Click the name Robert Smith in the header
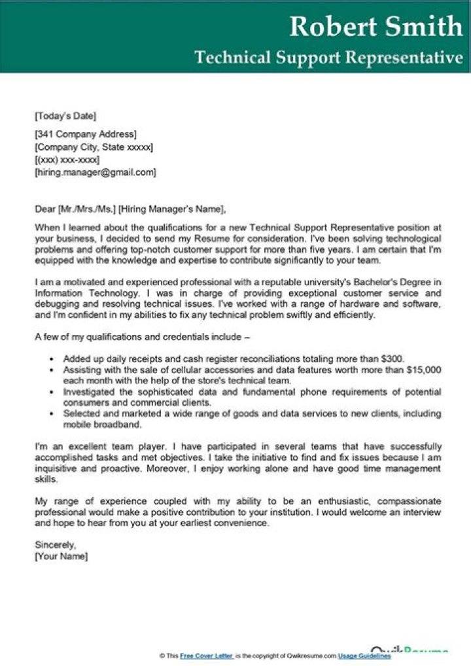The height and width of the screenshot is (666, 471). [375, 26]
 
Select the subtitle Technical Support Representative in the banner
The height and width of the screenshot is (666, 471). [328, 58]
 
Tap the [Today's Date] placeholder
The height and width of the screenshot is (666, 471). [65, 116]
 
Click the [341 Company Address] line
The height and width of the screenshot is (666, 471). [86, 135]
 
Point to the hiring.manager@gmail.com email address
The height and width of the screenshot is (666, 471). [96, 173]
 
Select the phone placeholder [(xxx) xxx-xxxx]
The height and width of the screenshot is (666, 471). [67, 160]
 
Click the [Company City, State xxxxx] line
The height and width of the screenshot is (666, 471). [94, 148]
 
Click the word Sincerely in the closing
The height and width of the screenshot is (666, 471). [56, 544]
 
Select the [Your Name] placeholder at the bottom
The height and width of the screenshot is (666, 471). [61, 557]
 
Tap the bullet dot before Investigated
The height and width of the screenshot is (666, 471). [51, 393]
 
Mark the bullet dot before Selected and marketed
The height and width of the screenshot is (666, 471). [51, 414]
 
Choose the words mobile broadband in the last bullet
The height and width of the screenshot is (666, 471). [102, 425]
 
